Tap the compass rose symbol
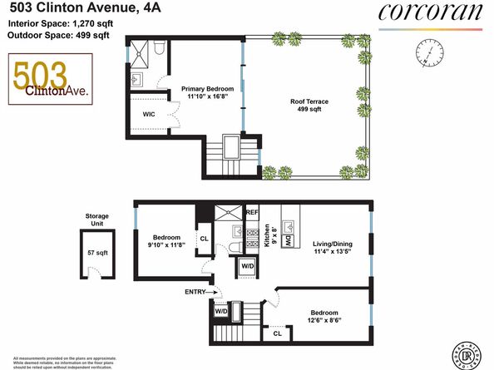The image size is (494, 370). click(429, 57)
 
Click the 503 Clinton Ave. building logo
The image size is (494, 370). click(42, 80)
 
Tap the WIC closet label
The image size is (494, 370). click(150, 114)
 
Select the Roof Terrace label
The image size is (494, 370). click(309, 106)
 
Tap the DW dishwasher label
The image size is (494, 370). click(288, 242)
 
